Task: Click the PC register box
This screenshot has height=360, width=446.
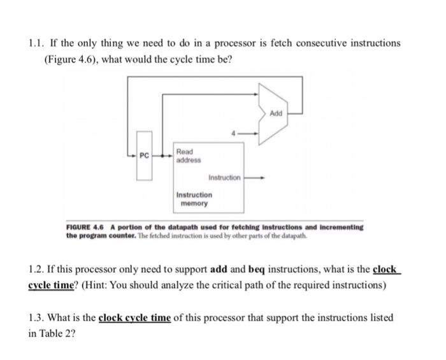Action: (145, 155)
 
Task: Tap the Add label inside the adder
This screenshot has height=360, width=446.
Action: (275, 113)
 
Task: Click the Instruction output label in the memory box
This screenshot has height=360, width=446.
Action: (225, 178)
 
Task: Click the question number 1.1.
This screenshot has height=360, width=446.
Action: (38, 43)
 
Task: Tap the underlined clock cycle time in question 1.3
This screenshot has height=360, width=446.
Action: (135, 317)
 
